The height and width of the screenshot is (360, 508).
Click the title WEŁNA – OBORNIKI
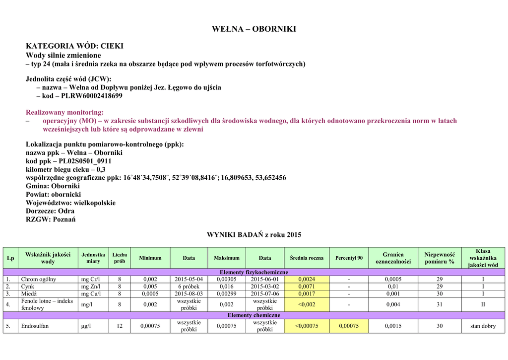pyautogui.click(x=254, y=29)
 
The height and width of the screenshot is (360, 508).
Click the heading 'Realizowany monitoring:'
pyautogui.click(x=65, y=112)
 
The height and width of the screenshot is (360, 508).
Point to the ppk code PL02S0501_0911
pyautogui.click(x=85, y=161)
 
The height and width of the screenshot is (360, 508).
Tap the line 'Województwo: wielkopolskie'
pyautogui.click(x=70, y=203)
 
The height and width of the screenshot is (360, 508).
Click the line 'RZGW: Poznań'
pyautogui.click(x=51, y=219)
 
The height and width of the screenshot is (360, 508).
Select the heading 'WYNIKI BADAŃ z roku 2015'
pyautogui.click(x=254, y=234)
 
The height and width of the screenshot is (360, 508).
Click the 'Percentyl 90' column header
pyautogui.click(x=349, y=258)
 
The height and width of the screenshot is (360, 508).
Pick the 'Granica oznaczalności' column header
pyautogui.click(x=393, y=258)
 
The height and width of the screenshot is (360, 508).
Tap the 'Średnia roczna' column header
pyautogui.click(x=307, y=258)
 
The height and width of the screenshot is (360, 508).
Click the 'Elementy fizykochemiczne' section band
pyautogui.click(x=254, y=273)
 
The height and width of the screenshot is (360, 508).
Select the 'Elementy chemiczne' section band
pyautogui.click(x=254, y=315)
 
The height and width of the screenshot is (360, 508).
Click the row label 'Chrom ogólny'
pyautogui.click(x=39, y=280)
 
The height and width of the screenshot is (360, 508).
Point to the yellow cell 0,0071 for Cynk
pyautogui.click(x=307, y=287)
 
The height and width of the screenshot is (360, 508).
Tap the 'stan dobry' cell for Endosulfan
pyautogui.click(x=483, y=326)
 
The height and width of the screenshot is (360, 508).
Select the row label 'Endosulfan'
pyautogui.click(x=35, y=326)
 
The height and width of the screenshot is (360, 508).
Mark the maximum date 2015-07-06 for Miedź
pyautogui.click(x=265, y=294)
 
